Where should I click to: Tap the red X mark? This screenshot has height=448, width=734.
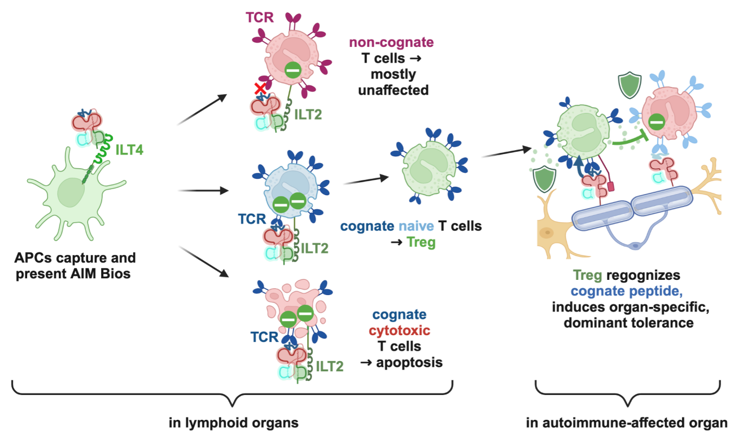[260, 89]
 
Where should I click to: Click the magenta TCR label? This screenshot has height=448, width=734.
[260, 17]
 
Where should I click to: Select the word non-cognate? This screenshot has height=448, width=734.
[391, 42]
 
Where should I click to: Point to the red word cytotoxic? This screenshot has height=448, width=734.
[400, 330]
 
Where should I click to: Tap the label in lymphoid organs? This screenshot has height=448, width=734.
[233, 423]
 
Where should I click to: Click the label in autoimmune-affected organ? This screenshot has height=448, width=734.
[627, 423]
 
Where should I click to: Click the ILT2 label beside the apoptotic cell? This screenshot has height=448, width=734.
[330, 367]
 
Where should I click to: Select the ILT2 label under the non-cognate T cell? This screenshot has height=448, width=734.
[309, 115]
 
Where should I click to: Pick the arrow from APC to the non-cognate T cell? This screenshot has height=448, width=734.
[202, 109]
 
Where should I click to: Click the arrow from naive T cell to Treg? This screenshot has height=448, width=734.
[366, 180]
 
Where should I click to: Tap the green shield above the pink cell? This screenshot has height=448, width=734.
[627, 85]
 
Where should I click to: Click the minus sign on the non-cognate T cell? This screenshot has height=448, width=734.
[292, 71]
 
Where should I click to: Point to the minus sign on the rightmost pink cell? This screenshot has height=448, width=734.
[656, 121]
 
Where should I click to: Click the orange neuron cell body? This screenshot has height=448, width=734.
[550, 231]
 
